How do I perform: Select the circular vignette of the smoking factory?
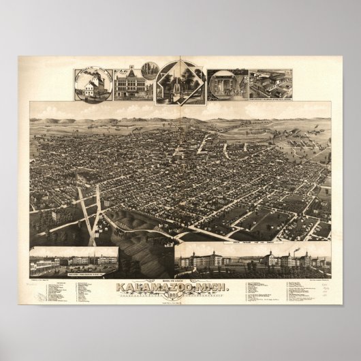point(94,84)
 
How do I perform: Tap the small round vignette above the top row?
point(151,68)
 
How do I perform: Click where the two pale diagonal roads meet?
point(97,207)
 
